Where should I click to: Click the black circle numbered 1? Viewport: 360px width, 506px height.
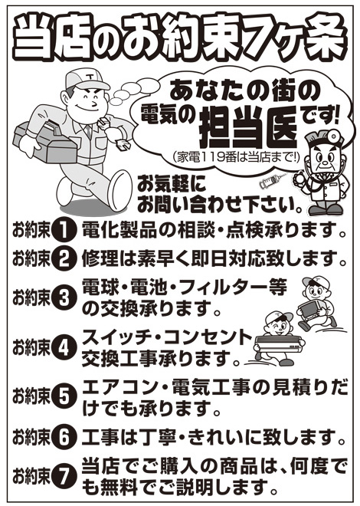point(64,230)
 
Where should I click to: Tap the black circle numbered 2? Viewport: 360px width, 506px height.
point(64,259)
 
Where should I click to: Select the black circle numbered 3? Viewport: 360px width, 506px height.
point(64,298)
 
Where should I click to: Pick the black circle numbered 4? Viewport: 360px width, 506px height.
point(64,348)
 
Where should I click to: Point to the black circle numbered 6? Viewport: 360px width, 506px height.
point(64,438)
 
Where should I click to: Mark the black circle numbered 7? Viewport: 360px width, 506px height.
point(64,476)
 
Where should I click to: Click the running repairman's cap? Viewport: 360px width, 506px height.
point(86,80)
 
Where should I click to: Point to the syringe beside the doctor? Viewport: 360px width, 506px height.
point(273,181)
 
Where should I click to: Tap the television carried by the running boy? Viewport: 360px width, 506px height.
point(310,310)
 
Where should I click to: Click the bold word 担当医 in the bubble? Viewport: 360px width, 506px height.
point(247,129)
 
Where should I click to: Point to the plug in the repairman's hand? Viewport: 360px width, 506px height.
point(123,144)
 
